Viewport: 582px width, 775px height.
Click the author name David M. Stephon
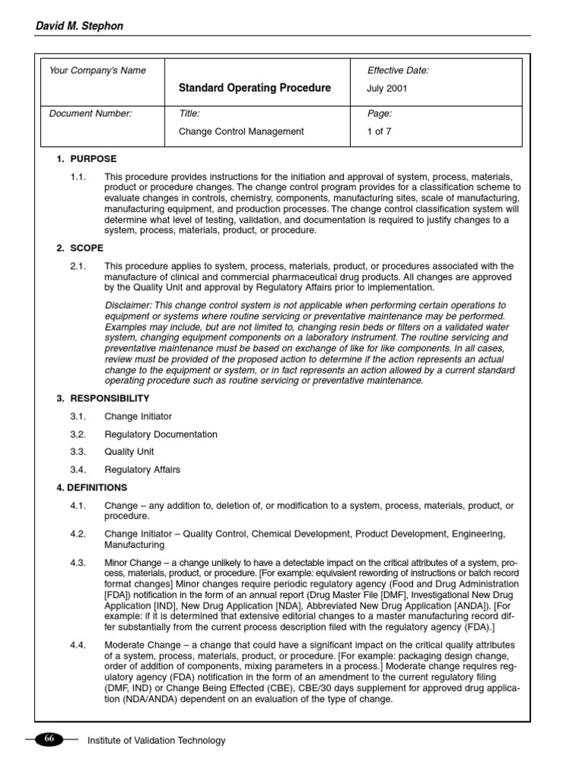pos(79,26)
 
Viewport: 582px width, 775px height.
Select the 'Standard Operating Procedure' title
pos(254,88)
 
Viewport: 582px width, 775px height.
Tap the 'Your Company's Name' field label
pos(98,70)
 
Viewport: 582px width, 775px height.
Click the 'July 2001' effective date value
pos(387,89)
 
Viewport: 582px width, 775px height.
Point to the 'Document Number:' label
pos(90,114)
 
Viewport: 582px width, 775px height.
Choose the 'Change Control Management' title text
pos(240,131)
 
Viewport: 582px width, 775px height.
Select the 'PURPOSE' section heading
pos(93,159)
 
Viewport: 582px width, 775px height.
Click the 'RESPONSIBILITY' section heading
pos(110,398)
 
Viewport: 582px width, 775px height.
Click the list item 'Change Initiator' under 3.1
pos(138,416)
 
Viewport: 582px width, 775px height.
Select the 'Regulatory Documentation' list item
pos(161,434)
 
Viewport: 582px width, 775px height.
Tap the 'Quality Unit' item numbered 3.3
pos(129,452)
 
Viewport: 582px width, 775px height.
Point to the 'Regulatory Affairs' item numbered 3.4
pos(142,469)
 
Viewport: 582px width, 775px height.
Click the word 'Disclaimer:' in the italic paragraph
pos(128,305)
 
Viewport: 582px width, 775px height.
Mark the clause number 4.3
pos(78,563)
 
